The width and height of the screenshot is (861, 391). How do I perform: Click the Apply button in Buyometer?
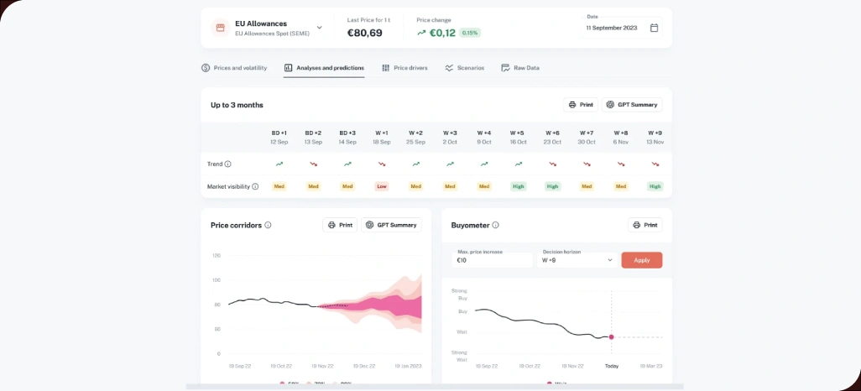pos(641,260)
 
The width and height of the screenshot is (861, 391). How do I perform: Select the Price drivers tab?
pos(404,68)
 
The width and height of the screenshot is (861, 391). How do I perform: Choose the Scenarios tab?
pos(464,68)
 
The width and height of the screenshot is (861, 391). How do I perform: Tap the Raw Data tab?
pos(520,68)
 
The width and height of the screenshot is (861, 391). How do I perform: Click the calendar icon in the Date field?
pos(654,28)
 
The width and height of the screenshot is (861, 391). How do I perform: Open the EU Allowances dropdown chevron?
pos(319,28)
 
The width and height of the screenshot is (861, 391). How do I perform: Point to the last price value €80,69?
pos(365,33)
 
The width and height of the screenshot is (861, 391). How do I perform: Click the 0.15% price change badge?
pos(470,33)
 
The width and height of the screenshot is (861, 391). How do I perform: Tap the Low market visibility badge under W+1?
pos(382,186)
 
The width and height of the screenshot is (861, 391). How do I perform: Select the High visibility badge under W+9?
pos(655,186)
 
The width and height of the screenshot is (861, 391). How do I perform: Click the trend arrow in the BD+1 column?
pos(279,164)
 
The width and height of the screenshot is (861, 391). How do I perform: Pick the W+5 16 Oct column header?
pos(518,137)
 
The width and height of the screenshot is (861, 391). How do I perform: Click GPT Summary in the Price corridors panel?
pos(391,225)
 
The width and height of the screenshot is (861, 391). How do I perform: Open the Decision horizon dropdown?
pos(577,260)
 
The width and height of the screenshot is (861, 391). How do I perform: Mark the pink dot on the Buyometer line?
pos(611,336)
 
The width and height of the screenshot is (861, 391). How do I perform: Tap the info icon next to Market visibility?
pos(255,186)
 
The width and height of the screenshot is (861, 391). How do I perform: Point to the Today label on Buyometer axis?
pos(612,366)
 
